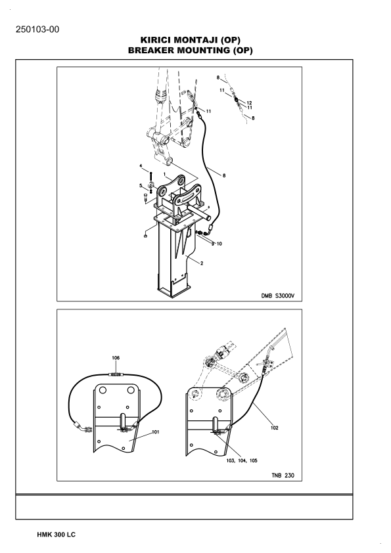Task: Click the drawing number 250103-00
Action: tap(37, 30)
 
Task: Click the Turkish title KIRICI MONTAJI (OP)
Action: tap(190, 39)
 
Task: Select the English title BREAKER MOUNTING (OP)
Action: tap(190, 50)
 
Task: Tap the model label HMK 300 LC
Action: tap(56, 535)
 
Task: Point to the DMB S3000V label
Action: tap(277, 296)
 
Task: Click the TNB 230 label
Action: tap(283, 476)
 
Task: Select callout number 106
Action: tap(116, 358)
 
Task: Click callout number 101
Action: tap(156, 432)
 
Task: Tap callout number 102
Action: tap(275, 428)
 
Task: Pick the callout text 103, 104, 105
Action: tap(242, 460)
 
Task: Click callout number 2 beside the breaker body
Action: tap(202, 263)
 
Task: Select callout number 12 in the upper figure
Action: tap(250, 103)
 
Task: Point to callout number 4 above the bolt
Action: tap(141, 166)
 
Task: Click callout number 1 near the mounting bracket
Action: tap(164, 174)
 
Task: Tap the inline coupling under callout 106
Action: tap(116, 374)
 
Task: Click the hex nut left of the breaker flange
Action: tap(145, 236)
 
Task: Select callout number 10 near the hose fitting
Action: tap(219, 244)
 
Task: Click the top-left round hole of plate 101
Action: tap(103, 390)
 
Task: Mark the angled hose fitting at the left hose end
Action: tap(83, 428)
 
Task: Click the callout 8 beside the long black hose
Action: tap(223, 175)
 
